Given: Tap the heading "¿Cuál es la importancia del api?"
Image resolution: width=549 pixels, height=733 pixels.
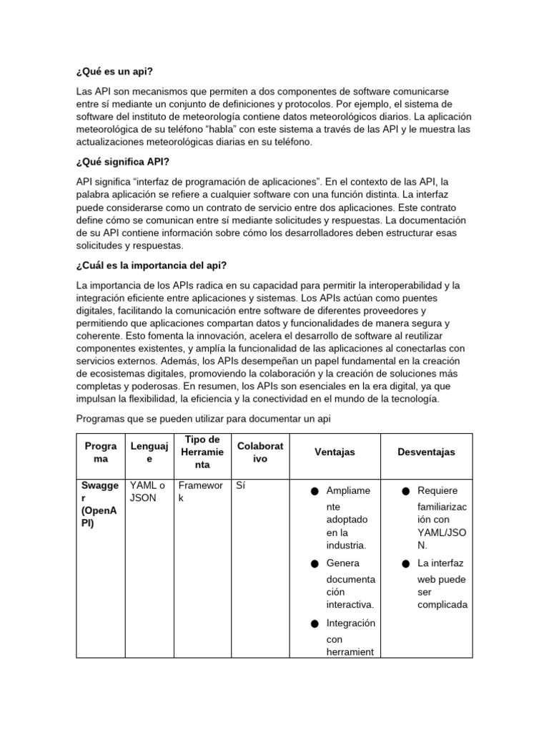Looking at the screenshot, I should point(151,266).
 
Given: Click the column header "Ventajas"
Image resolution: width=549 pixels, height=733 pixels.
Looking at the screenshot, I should point(335,452).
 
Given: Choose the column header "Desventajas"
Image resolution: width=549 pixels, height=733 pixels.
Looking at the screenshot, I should point(426,452).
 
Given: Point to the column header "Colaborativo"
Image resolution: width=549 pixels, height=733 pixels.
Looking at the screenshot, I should point(260,452).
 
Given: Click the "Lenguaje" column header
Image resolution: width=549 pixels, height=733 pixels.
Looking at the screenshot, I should point(149,452).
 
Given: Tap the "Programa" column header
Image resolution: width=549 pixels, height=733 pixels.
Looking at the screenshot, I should point(100,452).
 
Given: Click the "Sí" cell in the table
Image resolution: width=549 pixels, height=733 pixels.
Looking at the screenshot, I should point(241,485).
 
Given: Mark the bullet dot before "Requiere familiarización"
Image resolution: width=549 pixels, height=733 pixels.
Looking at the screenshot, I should point(405,492).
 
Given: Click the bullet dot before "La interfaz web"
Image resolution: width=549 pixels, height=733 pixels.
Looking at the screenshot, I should point(405,564).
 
